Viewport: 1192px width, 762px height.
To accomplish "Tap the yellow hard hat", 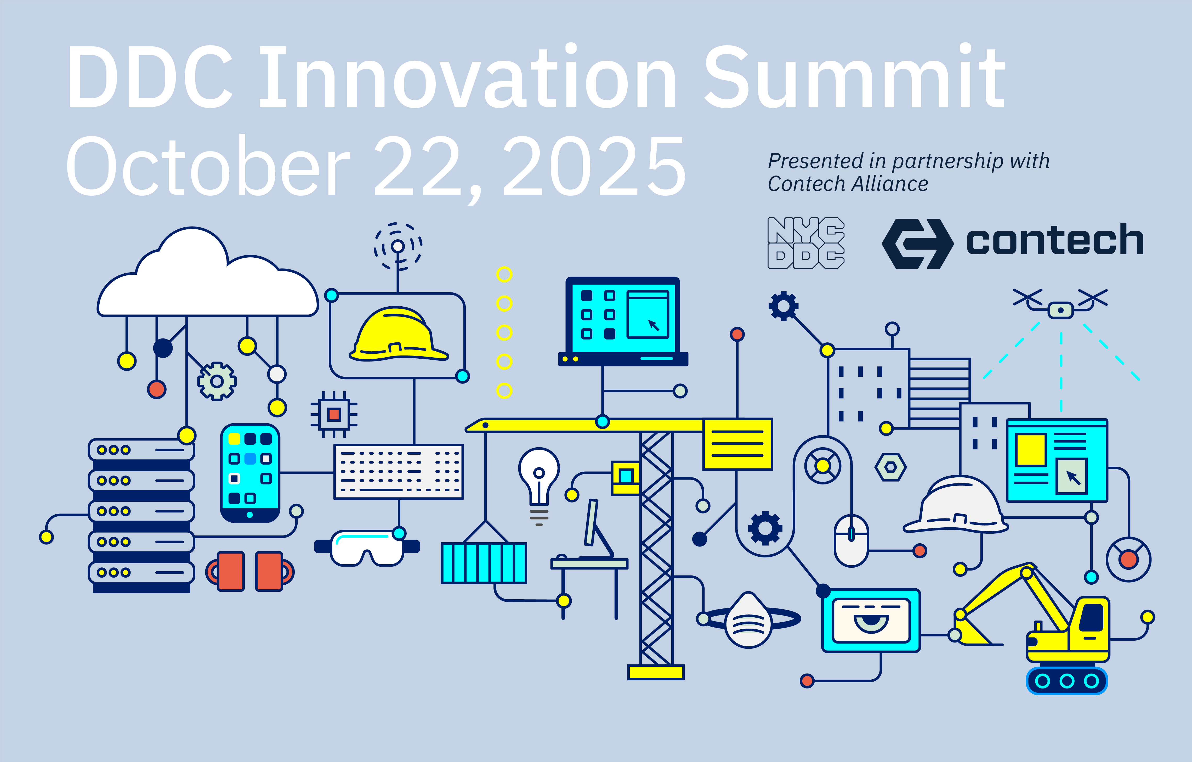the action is (399, 334).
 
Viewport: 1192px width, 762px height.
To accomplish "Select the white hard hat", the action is (955, 505).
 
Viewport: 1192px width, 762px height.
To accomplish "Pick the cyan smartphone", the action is (250, 473).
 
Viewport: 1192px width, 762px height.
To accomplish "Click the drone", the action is (1060, 303).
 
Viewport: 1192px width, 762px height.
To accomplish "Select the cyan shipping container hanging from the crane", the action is (484, 563).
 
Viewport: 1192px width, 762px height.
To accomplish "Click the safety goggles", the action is (367, 547).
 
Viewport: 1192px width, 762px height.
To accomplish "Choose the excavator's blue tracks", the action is (1067, 681).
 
